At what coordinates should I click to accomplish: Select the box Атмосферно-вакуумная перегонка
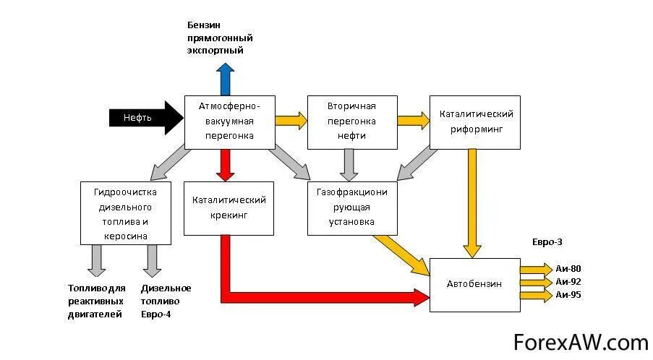pos(229,121)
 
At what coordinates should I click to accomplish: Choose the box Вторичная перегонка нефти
pos(351,121)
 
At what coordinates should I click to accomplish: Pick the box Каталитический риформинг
pos(475,121)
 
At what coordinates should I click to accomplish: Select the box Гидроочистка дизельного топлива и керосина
pos(125,213)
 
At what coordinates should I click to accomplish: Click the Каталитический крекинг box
pos(229,207)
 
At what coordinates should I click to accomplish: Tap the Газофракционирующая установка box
pos(351,207)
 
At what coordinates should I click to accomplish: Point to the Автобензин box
pos(474,285)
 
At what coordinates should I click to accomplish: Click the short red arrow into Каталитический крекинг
pos(226,165)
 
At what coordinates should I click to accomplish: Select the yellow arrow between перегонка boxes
pos(291,121)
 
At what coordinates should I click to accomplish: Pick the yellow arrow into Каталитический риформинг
pos(413,121)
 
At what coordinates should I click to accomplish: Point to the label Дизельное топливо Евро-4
pos(166,301)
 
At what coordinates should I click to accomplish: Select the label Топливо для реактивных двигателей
pos(96,301)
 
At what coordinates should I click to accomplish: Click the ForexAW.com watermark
pos(581,341)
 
